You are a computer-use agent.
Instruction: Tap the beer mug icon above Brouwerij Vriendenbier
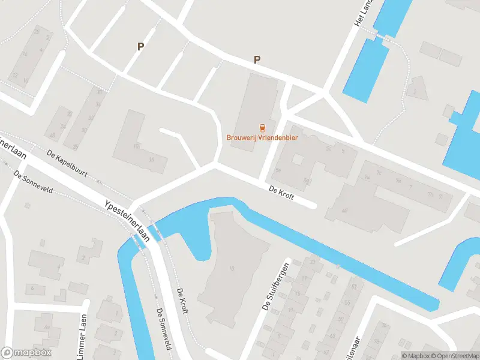tap(262, 127)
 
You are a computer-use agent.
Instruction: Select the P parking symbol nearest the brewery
tap(257, 59)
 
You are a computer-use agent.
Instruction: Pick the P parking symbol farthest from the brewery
tap(140, 46)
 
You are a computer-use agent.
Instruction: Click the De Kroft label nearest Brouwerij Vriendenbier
tap(281, 193)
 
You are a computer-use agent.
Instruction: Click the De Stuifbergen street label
tap(276, 286)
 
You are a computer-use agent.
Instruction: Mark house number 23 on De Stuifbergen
tap(312, 262)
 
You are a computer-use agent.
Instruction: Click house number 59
tap(354, 287)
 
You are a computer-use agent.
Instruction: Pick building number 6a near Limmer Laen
tap(46, 327)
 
